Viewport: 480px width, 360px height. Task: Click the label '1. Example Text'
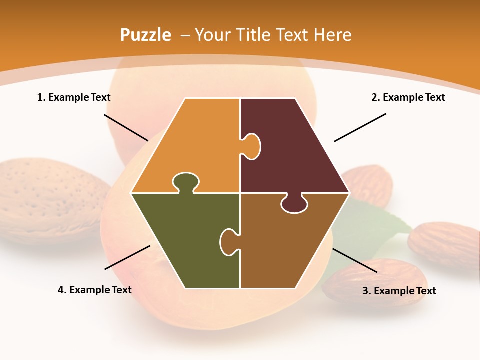click(74, 97)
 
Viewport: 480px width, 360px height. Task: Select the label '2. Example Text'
click(408, 97)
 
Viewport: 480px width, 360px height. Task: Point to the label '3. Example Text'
click(399, 291)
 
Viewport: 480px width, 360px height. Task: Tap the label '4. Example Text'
click(95, 290)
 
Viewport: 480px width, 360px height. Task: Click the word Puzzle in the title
click(145, 35)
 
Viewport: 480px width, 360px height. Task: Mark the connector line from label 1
click(126, 127)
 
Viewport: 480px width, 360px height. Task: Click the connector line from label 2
click(360, 127)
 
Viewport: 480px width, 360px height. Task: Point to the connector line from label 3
click(354, 260)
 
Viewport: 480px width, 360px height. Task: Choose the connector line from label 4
click(127, 257)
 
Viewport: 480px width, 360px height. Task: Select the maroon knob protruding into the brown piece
click(294, 204)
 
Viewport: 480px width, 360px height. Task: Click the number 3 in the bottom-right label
click(365, 291)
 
